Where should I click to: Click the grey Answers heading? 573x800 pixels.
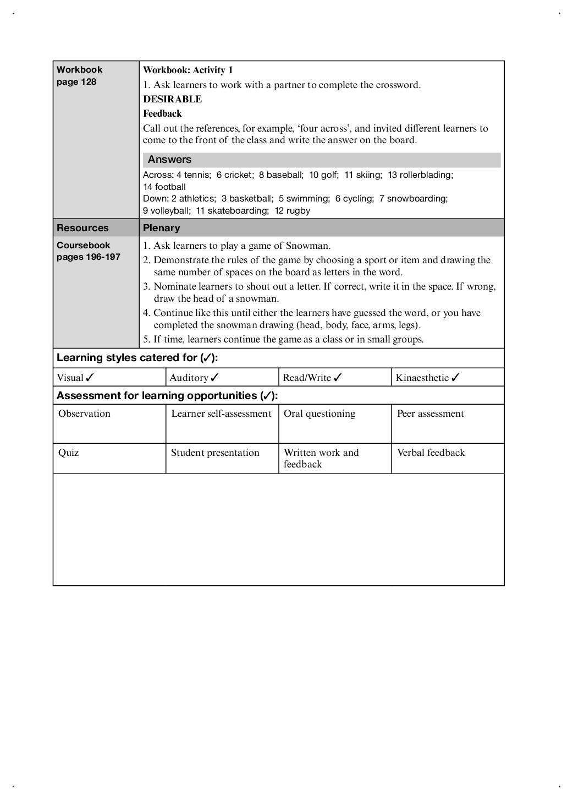pyautogui.click(x=169, y=160)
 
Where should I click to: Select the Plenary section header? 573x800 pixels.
pyautogui.click(x=161, y=228)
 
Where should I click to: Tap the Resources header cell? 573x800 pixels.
pyautogui.click(x=82, y=228)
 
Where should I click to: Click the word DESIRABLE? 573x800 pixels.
pyautogui.click(x=172, y=99)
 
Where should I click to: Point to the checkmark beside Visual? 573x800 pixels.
pyautogui.click(x=90, y=378)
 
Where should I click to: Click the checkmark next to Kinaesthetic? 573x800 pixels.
pyautogui.click(x=455, y=378)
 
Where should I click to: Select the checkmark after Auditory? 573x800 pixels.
pyautogui.click(x=215, y=378)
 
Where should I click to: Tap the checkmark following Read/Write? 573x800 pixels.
pyautogui.click(x=338, y=378)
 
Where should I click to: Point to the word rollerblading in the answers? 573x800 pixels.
pyautogui.click(x=426, y=175)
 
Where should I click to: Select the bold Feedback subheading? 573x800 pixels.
pyautogui.click(x=162, y=114)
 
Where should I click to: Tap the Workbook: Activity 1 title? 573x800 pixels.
pyautogui.click(x=188, y=70)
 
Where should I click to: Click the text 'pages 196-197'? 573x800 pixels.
pyautogui.click(x=88, y=257)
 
